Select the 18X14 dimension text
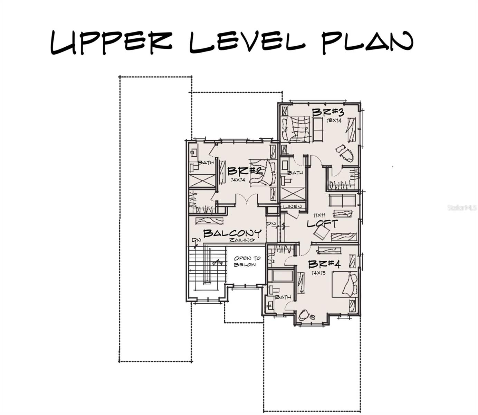334,121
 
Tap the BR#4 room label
324,265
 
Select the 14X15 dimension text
318,273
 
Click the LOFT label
322,224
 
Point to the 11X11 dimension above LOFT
319,215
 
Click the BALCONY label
232,233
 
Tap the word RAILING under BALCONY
242,240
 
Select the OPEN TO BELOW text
247,261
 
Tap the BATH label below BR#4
283,297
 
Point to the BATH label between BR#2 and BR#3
295,173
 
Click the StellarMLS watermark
462,208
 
